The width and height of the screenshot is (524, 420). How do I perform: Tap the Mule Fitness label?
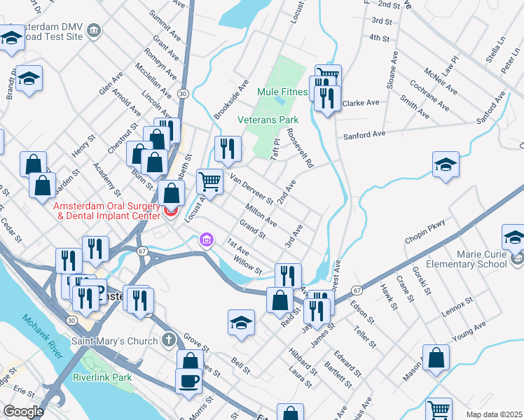coord(282,92)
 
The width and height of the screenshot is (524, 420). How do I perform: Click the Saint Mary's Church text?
coord(115,341)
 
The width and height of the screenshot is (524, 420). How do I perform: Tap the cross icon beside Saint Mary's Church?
coord(167,340)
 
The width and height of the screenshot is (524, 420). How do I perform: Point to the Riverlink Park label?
coord(102,377)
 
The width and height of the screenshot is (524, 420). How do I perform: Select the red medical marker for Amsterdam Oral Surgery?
coord(170,211)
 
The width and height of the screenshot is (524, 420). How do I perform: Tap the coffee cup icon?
coord(188,381)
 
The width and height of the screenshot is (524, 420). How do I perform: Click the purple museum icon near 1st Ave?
coord(206,240)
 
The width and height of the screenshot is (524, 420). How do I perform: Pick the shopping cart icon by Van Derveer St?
coord(209,181)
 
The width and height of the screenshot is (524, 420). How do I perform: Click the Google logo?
coord(23,412)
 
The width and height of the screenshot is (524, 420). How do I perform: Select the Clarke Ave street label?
coord(361,102)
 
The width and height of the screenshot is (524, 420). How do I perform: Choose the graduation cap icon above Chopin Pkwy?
coord(446,165)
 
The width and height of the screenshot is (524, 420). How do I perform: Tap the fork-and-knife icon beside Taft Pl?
coord(228,148)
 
